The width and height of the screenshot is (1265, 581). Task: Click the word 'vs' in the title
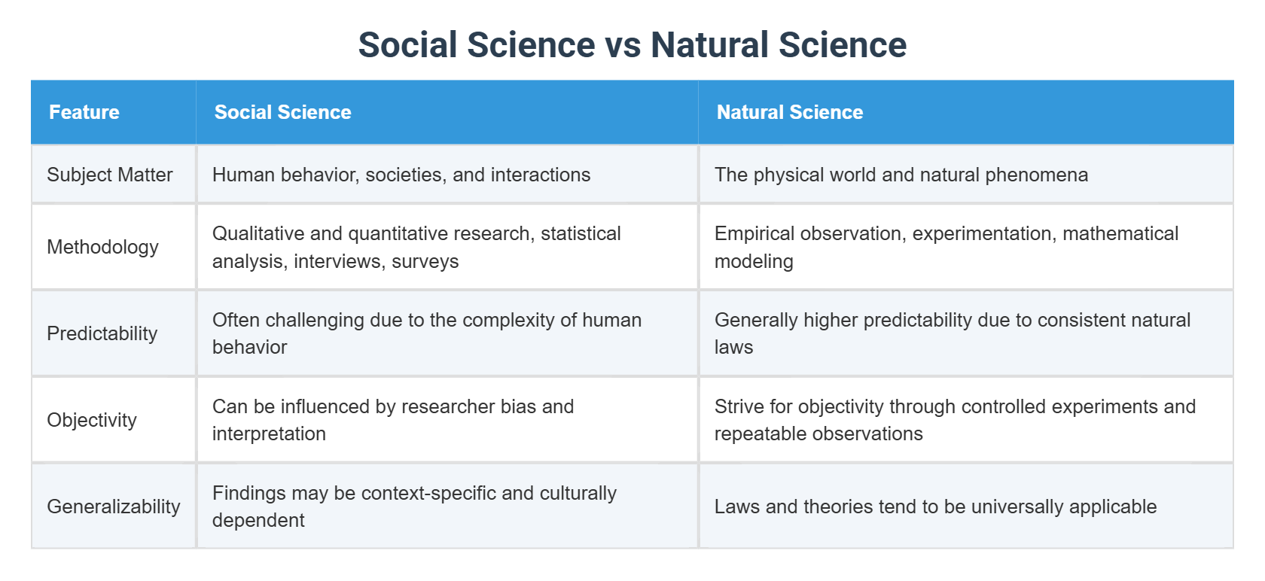pos(623,45)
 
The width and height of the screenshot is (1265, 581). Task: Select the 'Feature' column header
pos(84,112)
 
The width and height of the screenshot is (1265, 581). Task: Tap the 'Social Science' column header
pos(282,112)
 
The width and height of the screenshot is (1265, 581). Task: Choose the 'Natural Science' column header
pos(789,112)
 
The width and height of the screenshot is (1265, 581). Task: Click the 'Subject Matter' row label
pos(110,175)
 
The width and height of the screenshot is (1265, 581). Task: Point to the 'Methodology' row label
pos(102,247)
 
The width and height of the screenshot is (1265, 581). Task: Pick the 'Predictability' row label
pos(102,333)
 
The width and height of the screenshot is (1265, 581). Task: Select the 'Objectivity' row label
pos(92,420)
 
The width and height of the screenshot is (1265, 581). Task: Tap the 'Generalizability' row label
pos(114,506)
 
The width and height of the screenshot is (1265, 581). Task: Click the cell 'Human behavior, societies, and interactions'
pos(401,175)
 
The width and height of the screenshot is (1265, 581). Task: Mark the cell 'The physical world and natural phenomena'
pos(901,175)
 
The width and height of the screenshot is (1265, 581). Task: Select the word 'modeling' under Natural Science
pos(754,261)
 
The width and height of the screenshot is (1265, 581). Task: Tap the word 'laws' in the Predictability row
pos(733,347)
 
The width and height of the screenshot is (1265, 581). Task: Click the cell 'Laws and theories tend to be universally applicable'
pos(935,506)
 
